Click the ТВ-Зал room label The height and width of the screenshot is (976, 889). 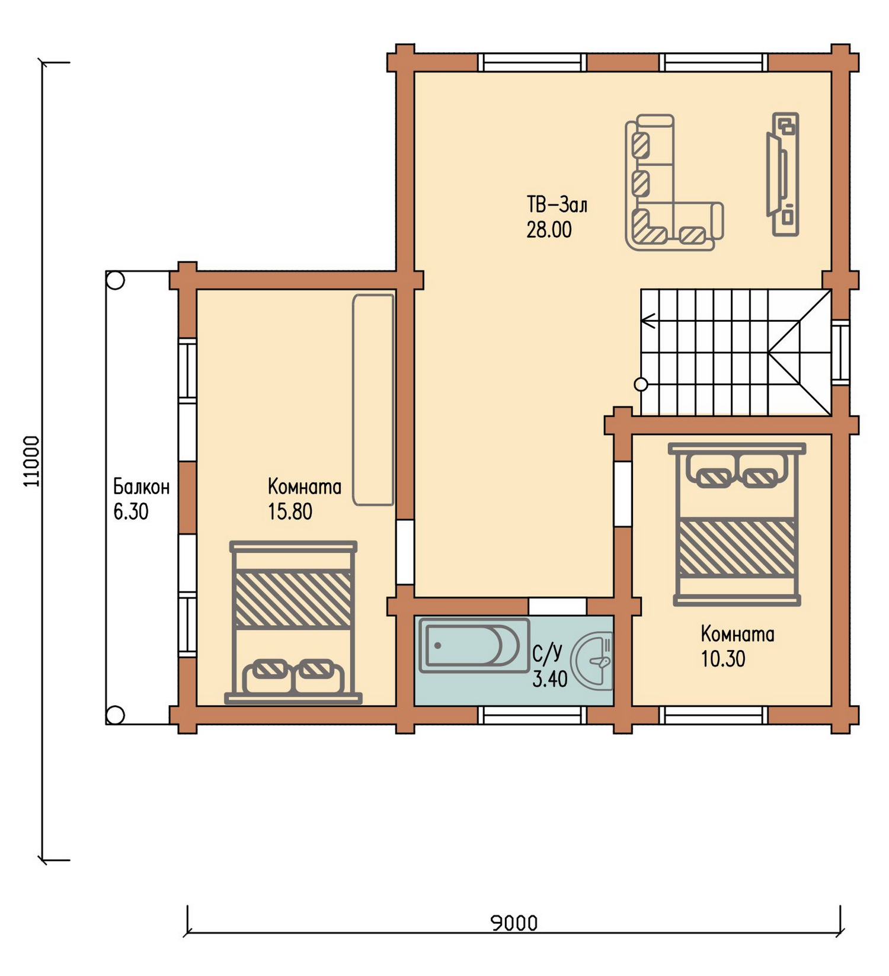pyautogui.click(x=557, y=204)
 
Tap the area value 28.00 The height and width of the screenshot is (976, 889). pyautogui.click(x=549, y=229)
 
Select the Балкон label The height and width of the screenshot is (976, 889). pyautogui.click(x=141, y=487)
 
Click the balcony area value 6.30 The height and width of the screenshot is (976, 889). pyautogui.click(x=130, y=511)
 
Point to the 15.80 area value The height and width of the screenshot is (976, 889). pyautogui.click(x=290, y=511)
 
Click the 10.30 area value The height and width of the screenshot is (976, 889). pyautogui.click(x=723, y=659)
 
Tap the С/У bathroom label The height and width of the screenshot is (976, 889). pyautogui.click(x=547, y=653)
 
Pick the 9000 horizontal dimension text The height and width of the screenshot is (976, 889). pyautogui.click(x=514, y=923)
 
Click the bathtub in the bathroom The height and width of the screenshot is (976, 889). pyautogui.click(x=474, y=645)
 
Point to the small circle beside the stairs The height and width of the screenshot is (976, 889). pyautogui.click(x=641, y=384)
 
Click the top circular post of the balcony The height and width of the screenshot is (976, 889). pyautogui.click(x=116, y=280)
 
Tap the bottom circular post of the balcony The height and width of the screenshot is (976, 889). pyautogui.click(x=116, y=715)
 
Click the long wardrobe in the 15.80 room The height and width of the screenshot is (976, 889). pyautogui.click(x=373, y=400)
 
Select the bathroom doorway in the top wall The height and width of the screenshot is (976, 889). pyautogui.click(x=557, y=606)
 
